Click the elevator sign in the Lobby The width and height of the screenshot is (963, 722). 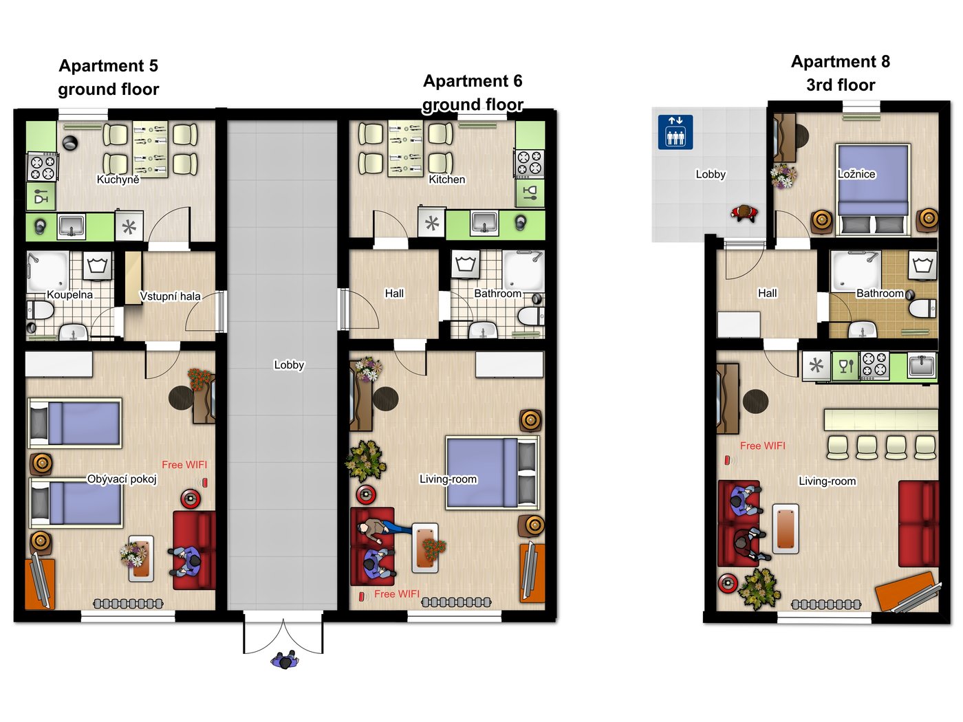(675, 132)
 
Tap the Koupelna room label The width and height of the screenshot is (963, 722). (69, 294)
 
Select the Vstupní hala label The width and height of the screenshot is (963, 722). (170, 296)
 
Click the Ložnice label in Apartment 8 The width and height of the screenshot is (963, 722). (856, 173)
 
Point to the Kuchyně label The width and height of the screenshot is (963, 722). (118, 179)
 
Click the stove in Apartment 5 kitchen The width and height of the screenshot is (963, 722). (43, 166)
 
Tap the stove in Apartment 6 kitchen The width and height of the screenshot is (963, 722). (529, 164)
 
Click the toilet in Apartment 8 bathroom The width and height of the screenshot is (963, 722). (922, 308)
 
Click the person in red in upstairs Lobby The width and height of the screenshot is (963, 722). (744, 213)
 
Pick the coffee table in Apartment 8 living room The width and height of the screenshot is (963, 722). (786, 529)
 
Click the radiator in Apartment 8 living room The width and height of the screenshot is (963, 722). (826, 605)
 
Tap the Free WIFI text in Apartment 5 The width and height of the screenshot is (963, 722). (184, 465)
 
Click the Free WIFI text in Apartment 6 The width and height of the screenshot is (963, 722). (397, 594)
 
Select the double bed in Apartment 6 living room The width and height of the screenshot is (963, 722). (493, 473)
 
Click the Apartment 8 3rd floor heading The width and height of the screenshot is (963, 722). (841, 73)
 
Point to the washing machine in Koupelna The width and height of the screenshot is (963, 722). (98, 266)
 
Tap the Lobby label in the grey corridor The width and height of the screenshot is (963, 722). (289, 364)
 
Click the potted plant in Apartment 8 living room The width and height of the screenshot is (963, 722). (759, 589)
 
